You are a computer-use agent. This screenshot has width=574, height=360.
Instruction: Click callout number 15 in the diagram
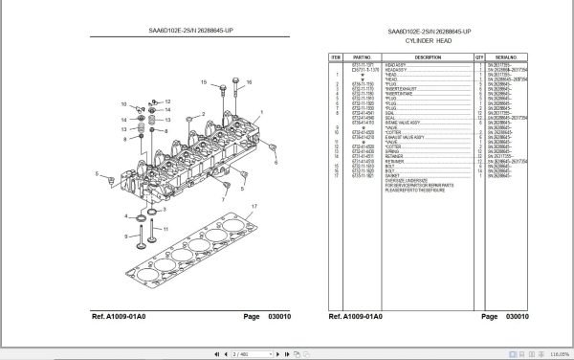pyautogui.click(x=204, y=84)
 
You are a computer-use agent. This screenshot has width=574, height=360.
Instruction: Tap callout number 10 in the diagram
pyautogui.click(x=122, y=102)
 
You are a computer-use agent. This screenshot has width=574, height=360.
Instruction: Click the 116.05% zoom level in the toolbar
pyautogui.click(x=552, y=352)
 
